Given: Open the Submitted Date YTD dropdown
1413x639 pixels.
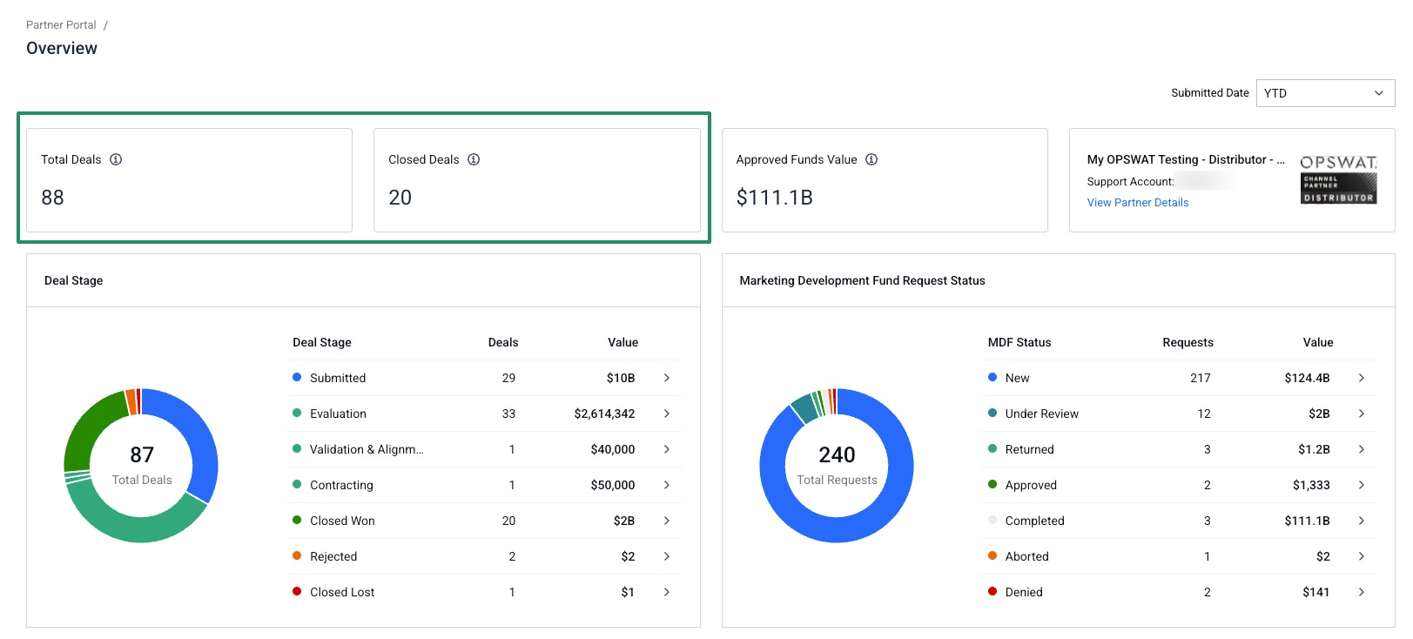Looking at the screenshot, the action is (1325, 93).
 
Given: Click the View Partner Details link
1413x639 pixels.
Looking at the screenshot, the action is (1137, 203).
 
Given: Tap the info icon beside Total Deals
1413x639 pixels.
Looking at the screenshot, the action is (116, 159).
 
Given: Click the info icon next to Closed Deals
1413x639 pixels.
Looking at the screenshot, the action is (473, 159).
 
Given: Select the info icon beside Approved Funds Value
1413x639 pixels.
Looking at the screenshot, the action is (871, 159).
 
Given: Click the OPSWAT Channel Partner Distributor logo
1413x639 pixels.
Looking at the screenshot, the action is (1338, 180).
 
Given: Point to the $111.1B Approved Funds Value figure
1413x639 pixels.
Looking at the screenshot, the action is (775, 198).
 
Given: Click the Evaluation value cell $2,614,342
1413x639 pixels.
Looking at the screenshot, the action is (604, 414).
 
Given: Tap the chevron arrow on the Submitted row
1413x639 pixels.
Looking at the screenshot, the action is (667, 378).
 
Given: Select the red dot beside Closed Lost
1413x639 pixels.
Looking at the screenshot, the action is (297, 591).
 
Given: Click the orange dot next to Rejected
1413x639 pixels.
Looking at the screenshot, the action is (297, 555).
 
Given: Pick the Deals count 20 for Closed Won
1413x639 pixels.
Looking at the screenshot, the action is (508, 521).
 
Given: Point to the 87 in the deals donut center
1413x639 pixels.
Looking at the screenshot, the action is (142, 454).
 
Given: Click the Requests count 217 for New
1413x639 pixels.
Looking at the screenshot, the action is (1201, 378).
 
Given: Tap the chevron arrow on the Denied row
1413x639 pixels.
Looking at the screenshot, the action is (1362, 592).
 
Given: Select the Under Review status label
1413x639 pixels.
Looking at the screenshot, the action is (1041, 414).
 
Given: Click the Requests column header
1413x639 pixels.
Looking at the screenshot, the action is (1188, 342).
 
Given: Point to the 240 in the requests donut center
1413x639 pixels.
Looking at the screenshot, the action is (837, 454).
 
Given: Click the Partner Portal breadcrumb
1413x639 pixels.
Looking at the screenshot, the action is (61, 24).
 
